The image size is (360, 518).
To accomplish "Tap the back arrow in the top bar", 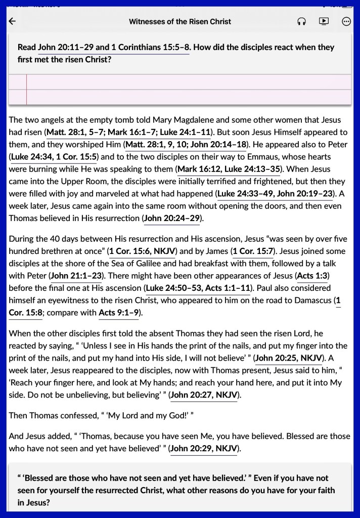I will (13, 21).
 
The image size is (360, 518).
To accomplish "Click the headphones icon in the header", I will (301, 21).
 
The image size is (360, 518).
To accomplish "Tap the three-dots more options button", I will (346, 21).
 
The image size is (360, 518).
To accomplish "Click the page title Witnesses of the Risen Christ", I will (179, 21).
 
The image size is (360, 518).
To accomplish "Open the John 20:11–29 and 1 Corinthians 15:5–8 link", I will (114, 47).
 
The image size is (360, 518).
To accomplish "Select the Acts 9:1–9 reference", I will (119, 313).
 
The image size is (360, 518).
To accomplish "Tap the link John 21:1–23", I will (76, 276).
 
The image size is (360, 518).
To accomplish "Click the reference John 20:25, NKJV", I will (288, 358).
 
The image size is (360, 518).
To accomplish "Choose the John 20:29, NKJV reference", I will (204, 448).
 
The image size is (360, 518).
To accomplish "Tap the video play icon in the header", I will (324, 21).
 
